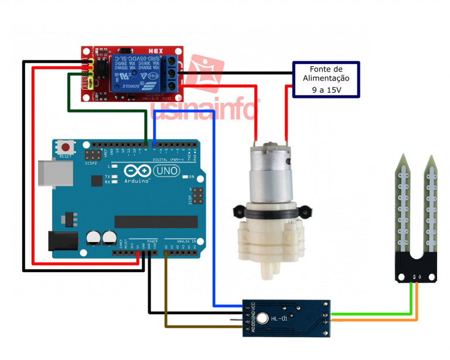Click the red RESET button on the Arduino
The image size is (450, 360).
click(65, 147)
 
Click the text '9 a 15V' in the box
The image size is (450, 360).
click(326, 90)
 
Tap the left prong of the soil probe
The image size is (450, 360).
click(403, 205)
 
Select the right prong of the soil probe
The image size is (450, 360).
click(431, 205)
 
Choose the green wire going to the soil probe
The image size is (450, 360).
click(375, 314)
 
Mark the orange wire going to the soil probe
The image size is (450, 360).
click(375, 320)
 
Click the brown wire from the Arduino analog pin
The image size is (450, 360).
click(166, 293)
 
